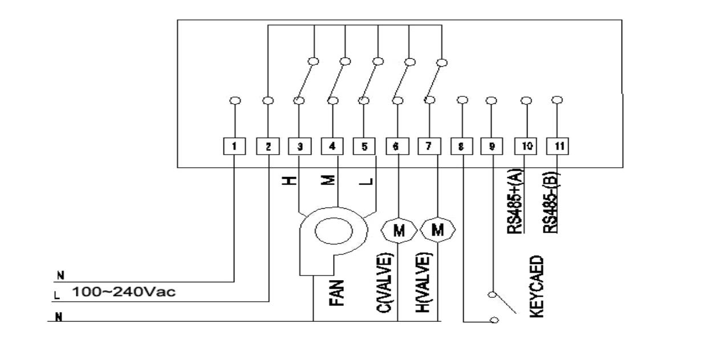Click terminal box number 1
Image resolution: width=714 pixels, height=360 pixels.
click(x=234, y=146)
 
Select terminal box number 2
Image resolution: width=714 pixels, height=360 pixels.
click(x=267, y=146)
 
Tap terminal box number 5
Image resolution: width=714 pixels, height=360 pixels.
click(x=364, y=146)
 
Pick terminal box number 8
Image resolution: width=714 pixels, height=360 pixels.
click(x=461, y=146)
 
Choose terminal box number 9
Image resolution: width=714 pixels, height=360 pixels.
click(x=493, y=146)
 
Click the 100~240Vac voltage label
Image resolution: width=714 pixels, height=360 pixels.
click(x=124, y=292)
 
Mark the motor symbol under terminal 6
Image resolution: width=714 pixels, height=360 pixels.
click(x=399, y=230)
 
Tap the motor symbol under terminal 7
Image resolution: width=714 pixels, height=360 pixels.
click(x=438, y=230)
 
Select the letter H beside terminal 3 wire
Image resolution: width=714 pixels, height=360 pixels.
click(x=291, y=181)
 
